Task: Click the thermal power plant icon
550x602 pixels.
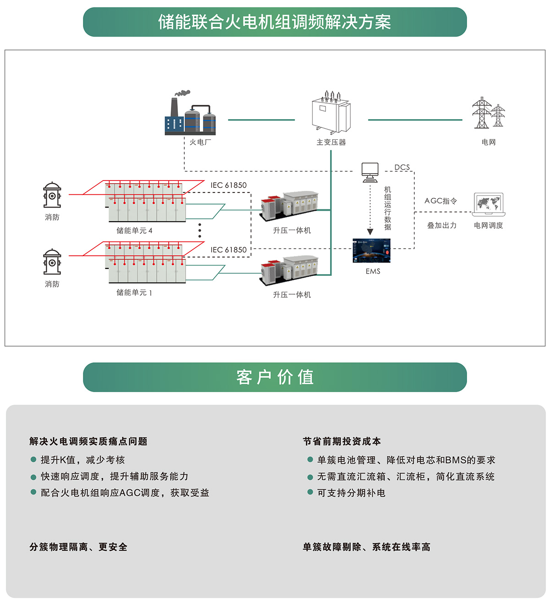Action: [x=190, y=115]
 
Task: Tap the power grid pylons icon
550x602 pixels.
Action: [x=488, y=113]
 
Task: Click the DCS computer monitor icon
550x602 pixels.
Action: [x=370, y=172]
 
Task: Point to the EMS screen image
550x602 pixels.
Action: [x=371, y=251]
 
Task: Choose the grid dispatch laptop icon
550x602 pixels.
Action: [x=489, y=204]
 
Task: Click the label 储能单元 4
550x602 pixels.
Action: [x=134, y=230]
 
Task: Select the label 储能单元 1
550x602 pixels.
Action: [x=134, y=292]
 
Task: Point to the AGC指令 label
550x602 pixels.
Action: [x=440, y=201]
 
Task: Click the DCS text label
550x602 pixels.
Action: [x=402, y=167]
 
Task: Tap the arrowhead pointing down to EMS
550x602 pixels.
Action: [x=370, y=232]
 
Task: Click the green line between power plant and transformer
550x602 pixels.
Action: [x=261, y=120]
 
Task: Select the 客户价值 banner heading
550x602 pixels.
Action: [x=275, y=377]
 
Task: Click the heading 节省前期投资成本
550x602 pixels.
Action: [x=342, y=441]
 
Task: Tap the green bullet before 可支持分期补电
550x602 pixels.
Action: [x=310, y=493]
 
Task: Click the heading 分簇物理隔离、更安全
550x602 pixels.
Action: [x=78, y=547]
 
